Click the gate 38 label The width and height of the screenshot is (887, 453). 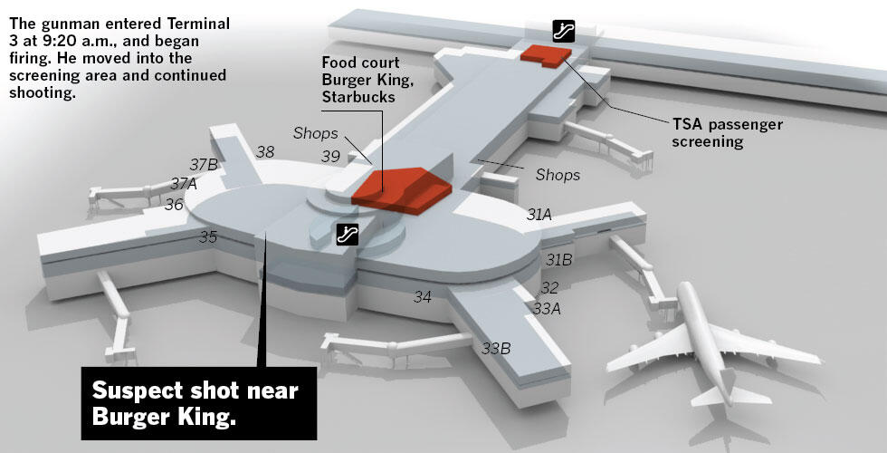tap(265, 152)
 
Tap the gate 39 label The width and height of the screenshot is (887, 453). tap(330, 156)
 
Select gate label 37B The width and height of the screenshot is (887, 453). tap(204, 165)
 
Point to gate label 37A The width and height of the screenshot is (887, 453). tap(184, 183)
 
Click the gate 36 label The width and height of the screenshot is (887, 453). tap(174, 205)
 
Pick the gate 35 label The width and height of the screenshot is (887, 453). tap(208, 237)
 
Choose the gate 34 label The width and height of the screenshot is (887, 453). tap(423, 297)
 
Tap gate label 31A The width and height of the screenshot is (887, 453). tap(539, 215)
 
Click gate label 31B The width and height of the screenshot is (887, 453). tap(559, 260)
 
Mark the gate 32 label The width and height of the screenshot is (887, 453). tap(549, 288)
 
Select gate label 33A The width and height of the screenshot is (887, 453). tap(547, 309)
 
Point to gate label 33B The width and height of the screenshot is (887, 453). tap(496, 348)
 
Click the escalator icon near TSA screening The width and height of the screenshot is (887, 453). tap(563, 31)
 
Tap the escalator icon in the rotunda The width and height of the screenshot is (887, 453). tap(348, 235)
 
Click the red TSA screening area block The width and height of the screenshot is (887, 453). tap(546, 56)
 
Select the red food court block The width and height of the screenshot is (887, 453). tap(402, 190)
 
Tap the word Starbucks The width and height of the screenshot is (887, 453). tap(358, 97)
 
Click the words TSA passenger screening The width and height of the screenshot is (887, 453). tap(728, 132)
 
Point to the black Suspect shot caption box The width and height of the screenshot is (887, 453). tap(199, 403)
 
